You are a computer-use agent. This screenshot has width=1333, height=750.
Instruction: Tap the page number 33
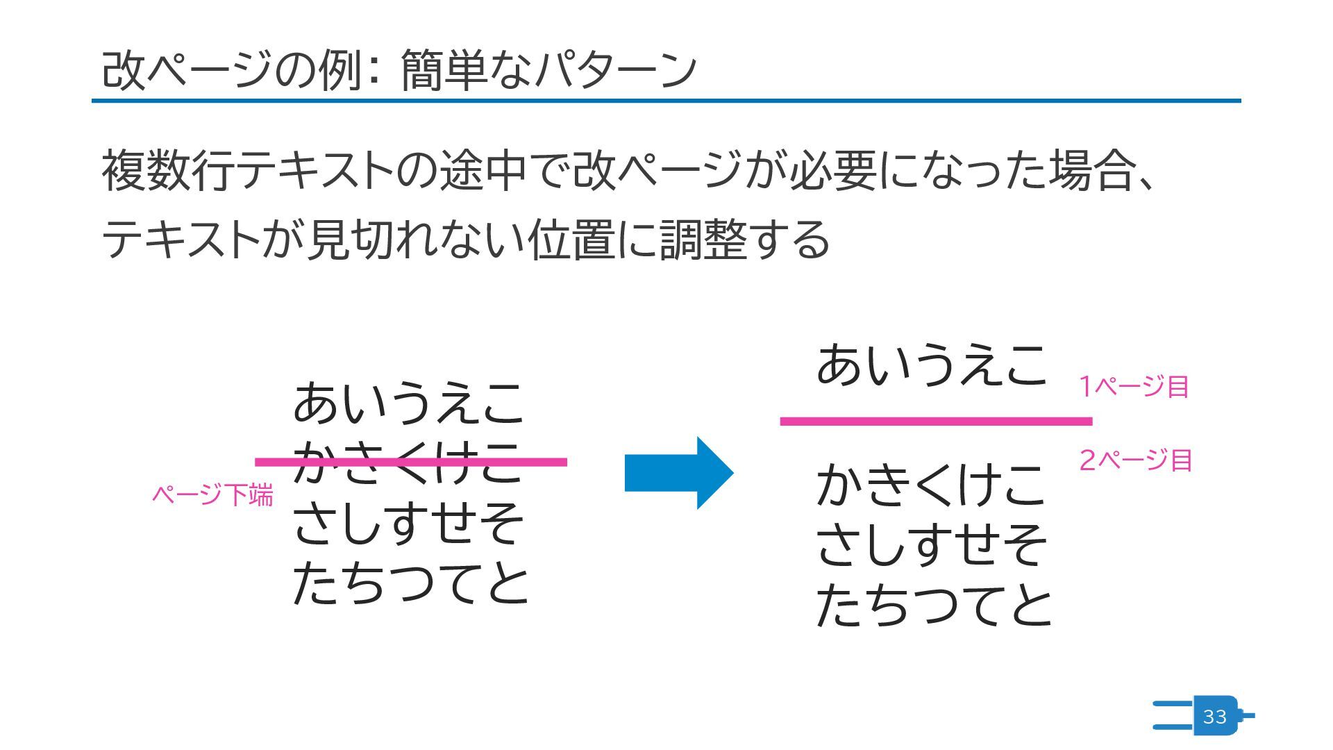click(x=1214, y=717)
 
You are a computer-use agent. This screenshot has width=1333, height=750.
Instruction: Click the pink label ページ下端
click(x=212, y=495)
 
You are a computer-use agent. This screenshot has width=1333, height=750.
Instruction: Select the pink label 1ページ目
click(x=1134, y=387)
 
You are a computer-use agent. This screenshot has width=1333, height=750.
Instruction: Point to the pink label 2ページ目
click(x=1136, y=460)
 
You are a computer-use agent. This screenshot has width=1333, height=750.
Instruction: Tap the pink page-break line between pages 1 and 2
click(x=935, y=421)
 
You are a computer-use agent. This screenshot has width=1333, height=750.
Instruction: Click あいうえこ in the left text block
click(x=408, y=404)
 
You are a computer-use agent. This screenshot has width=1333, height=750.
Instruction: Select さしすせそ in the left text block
click(x=408, y=524)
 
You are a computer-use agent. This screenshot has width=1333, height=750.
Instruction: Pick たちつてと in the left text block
click(x=411, y=583)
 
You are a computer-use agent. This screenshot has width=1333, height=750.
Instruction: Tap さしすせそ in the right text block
click(x=931, y=544)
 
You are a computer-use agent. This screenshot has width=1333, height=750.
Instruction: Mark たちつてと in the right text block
click(x=934, y=606)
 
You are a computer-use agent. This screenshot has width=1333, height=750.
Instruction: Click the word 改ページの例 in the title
click(x=232, y=70)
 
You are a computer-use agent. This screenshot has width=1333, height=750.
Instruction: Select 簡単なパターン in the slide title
click(x=548, y=70)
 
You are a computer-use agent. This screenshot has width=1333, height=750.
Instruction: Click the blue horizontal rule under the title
click(x=666, y=101)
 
